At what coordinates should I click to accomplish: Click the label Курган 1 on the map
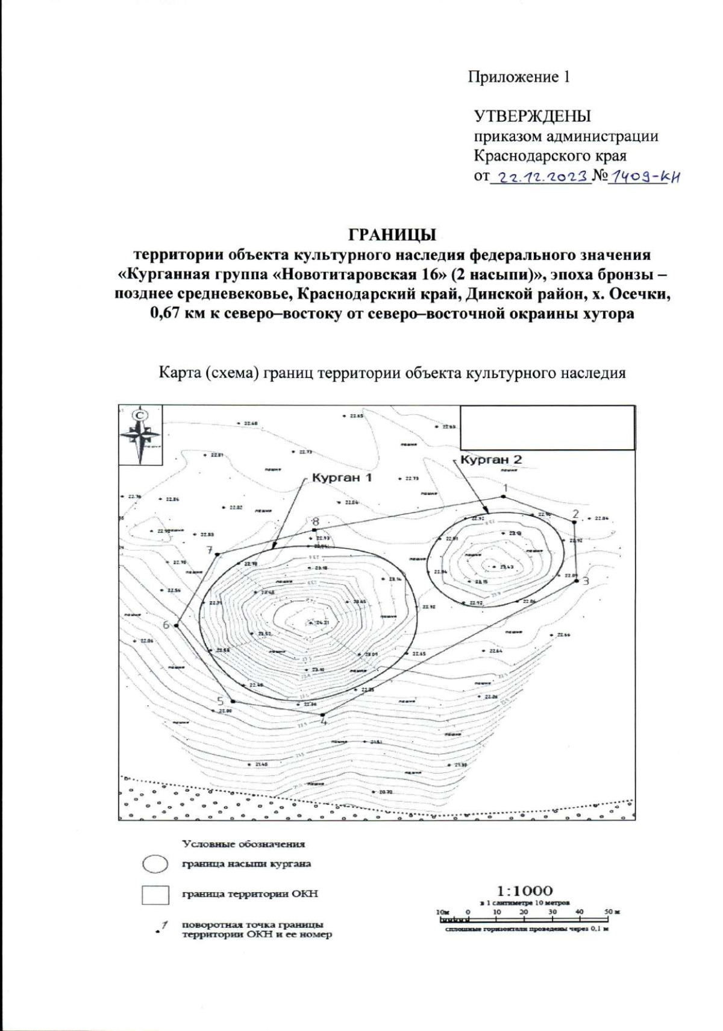click(342, 478)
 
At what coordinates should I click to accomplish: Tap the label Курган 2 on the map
click(491, 460)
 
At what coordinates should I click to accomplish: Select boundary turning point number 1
click(503, 496)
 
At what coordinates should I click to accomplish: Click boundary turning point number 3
click(577, 581)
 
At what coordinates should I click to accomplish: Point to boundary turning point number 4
click(323, 715)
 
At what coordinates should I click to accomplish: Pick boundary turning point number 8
click(315, 530)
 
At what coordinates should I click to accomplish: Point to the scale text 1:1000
click(525, 891)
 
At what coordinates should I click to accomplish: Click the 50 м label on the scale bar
click(612, 912)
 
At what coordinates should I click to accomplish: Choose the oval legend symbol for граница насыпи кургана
click(155, 863)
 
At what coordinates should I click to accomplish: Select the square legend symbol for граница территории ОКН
click(155, 895)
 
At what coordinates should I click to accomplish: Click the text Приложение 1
click(519, 77)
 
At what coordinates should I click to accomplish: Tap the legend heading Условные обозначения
click(244, 844)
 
